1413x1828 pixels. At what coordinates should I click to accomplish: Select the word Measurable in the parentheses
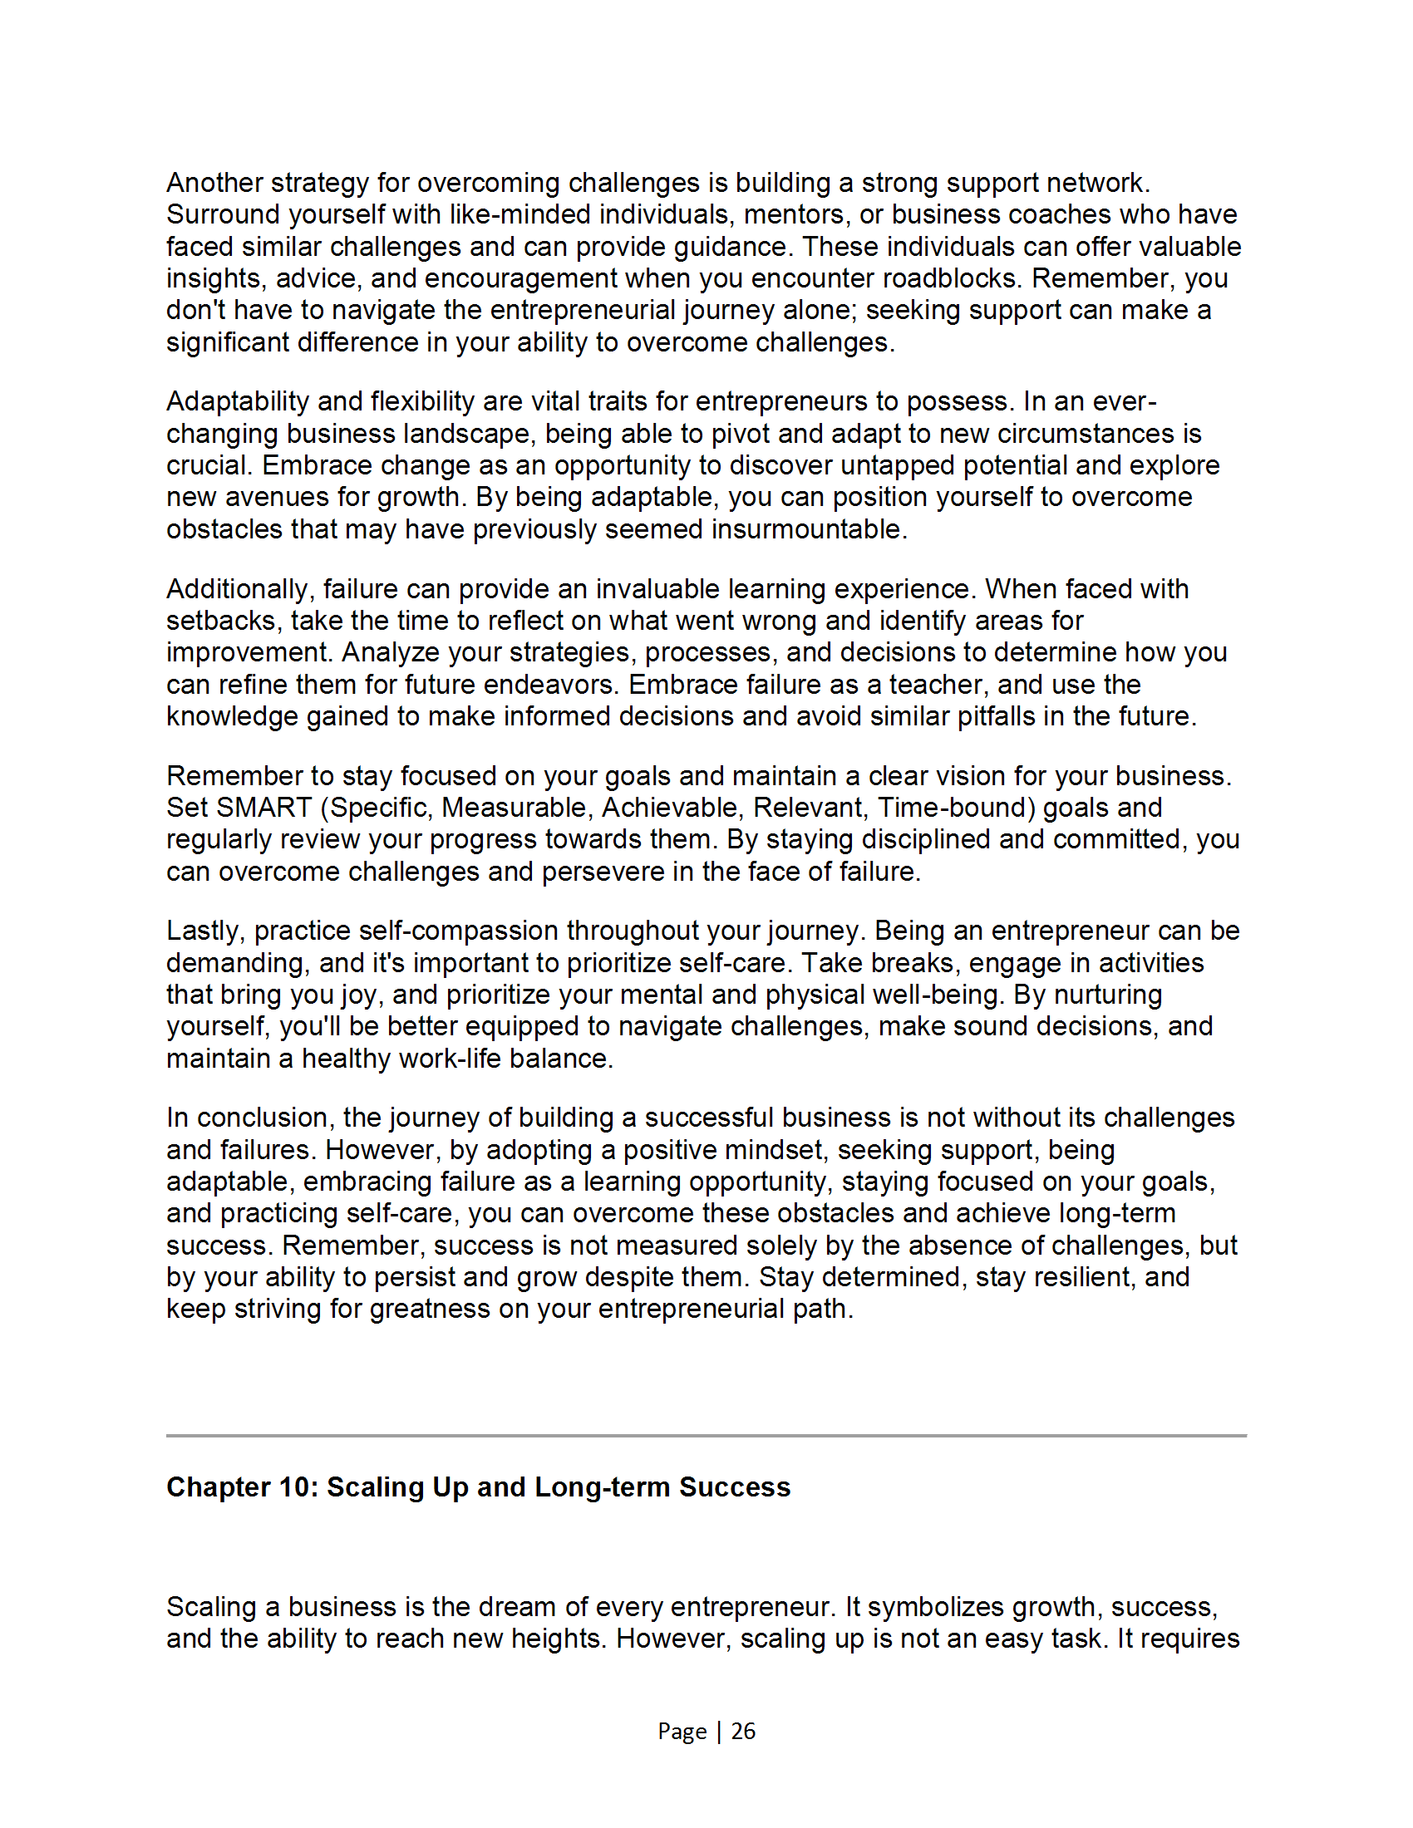(x=516, y=808)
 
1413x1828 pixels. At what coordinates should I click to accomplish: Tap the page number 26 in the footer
(x=743, y=1731)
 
